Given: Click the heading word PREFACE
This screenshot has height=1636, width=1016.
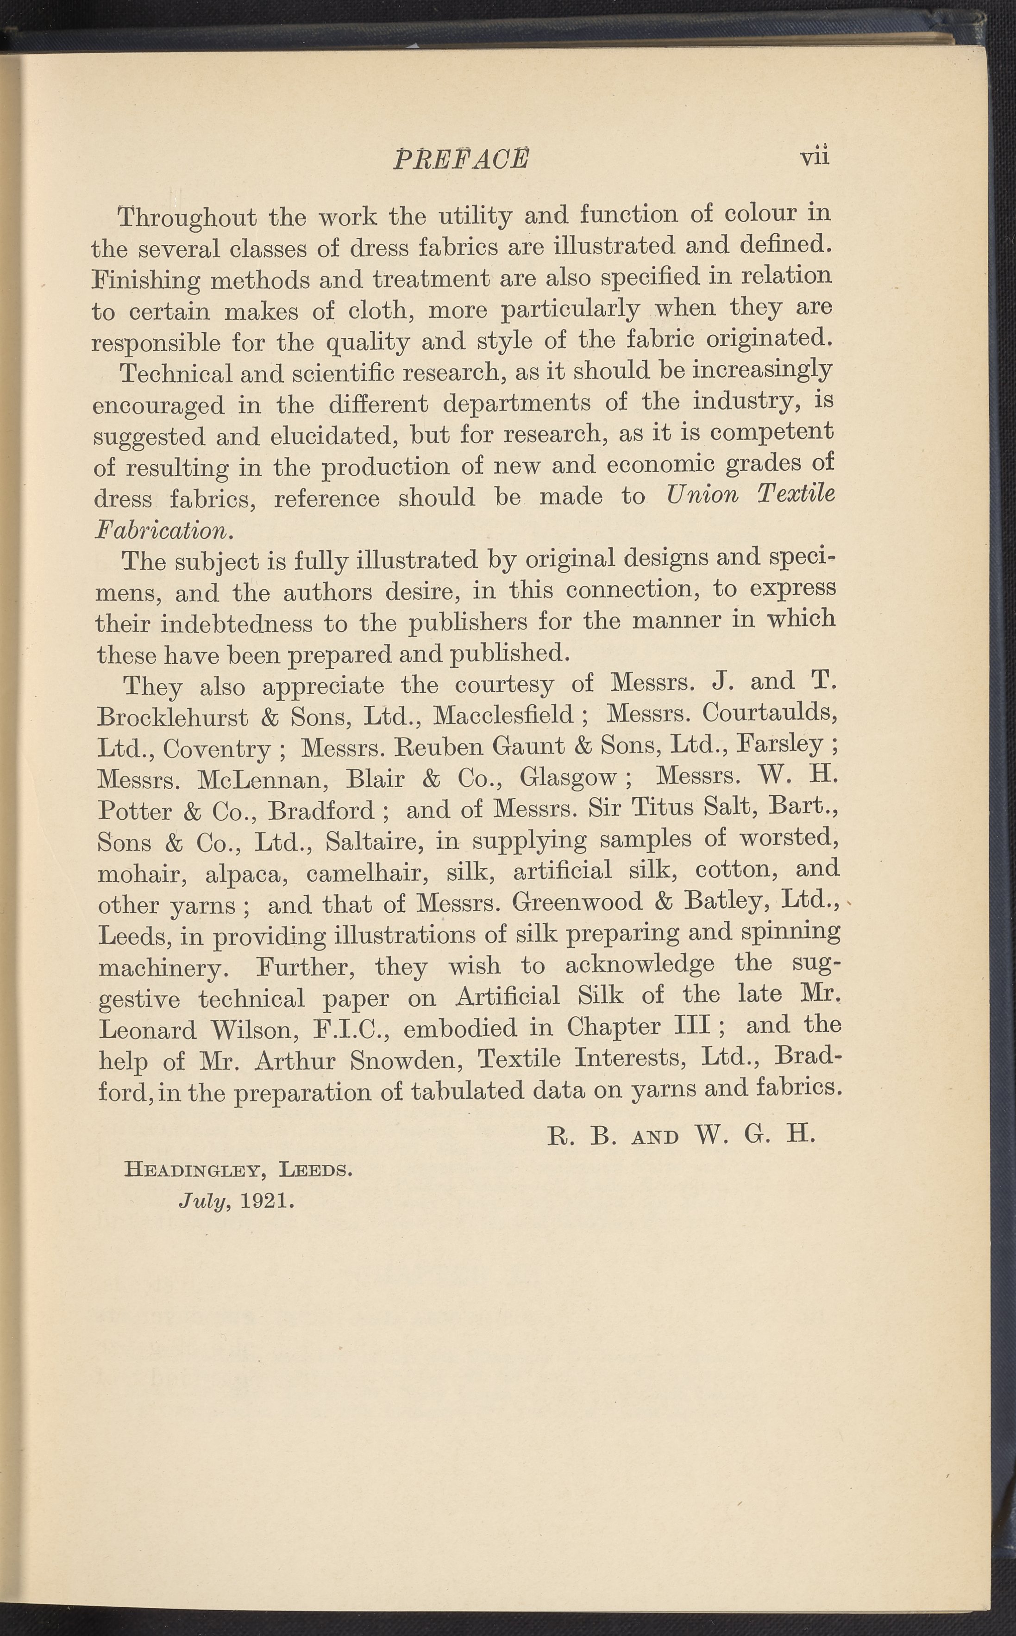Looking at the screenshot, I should coord(461,159).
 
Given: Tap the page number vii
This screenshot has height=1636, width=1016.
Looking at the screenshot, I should coord(815,156).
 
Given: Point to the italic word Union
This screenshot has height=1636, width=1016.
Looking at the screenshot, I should coord(702,495).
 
